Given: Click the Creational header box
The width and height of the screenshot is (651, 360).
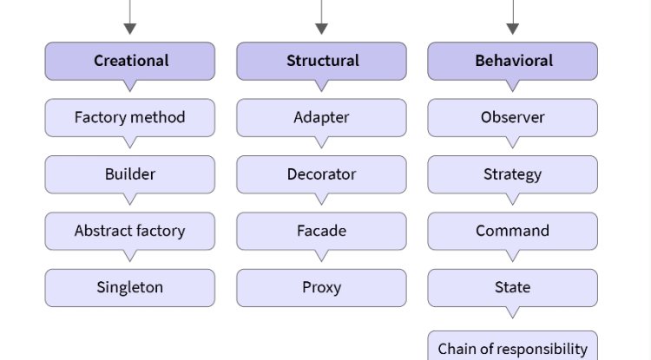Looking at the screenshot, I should click(130, 61).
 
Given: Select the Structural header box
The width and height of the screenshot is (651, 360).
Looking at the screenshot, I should click(321, 61).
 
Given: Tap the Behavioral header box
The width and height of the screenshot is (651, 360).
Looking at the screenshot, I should click(512, 61).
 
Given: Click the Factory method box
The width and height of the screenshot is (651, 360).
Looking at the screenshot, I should click(130, 117).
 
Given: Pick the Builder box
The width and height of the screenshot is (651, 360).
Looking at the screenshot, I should click(130, 174).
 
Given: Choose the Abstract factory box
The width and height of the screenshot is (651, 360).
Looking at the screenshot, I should click(130, 231).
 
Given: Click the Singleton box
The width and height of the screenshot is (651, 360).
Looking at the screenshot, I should click(130, 287).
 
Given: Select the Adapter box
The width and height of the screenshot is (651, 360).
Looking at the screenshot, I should click(321, 117).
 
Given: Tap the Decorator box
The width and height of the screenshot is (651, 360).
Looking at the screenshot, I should click(321, 174).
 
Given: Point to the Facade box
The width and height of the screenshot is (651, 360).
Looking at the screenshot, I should click(321, 231).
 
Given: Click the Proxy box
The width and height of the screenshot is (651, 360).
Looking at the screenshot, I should click(321, 287).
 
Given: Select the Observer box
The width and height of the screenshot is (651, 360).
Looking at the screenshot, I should click(512, 117).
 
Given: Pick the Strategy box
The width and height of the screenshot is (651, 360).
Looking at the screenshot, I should click(512, 174).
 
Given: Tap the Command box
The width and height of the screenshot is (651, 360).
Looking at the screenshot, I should click(512, 231).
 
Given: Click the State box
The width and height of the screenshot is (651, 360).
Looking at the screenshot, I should click(512, 287).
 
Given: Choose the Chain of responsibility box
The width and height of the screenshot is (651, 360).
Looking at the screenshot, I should click(512, 347).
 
